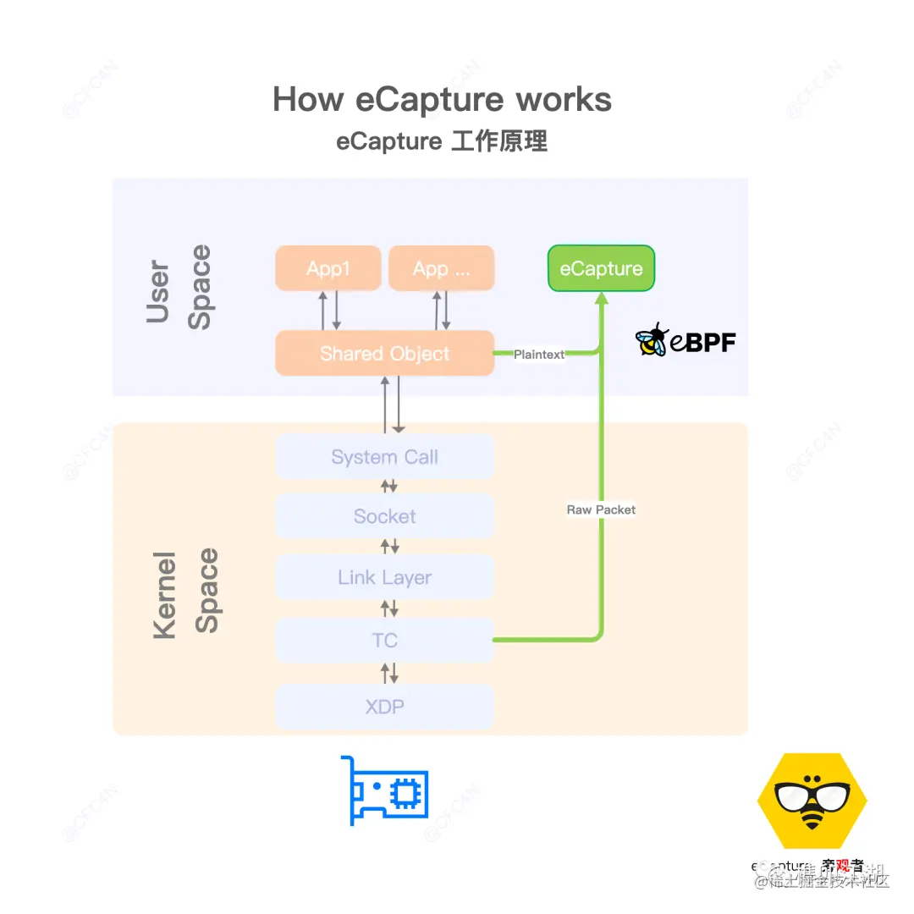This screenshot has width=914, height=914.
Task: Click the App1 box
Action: click(328, 268)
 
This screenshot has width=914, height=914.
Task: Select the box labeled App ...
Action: click(441, 268)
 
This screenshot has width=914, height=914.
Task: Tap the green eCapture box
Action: click(601, 268)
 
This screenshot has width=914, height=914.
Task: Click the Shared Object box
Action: click(384, 353)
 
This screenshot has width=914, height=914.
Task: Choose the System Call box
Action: click(384, 457)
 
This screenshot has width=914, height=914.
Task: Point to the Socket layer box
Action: click(384, 516)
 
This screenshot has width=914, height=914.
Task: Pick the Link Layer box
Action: click(384, 577)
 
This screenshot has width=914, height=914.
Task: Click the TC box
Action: click(384, 640)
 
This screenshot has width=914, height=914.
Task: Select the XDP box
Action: click(384, 706)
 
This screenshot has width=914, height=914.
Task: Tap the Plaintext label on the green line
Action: click(539, 355)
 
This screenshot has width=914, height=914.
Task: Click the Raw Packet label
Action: click(601, 509)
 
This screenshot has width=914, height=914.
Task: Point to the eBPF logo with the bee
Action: click(685, 340)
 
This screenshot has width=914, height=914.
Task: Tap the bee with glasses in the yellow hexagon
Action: click(812, 801)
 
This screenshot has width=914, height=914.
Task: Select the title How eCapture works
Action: click(442, 100)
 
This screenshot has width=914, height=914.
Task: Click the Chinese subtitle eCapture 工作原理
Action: click(442, 140)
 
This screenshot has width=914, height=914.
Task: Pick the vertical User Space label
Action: click(179, 286)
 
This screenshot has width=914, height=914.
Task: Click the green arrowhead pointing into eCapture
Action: click(602, 299)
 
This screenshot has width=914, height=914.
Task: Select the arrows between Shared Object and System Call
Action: click(391, 405)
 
